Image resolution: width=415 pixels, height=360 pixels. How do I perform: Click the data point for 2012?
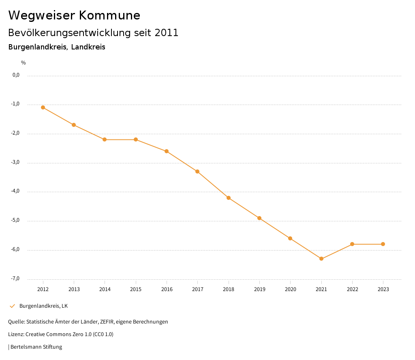43,107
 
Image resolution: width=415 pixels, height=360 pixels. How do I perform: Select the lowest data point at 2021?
321,259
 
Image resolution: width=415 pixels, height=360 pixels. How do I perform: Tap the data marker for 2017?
197,171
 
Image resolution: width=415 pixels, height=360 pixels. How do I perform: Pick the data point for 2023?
383,244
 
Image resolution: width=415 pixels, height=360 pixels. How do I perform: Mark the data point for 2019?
259,218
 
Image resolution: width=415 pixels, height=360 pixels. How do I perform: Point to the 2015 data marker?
136,139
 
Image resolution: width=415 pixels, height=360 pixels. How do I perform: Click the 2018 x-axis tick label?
229,289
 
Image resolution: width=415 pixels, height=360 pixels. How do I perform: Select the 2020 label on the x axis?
290,289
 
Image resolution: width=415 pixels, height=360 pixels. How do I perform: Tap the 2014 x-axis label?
105,289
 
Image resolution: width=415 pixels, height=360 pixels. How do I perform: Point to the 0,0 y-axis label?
16,75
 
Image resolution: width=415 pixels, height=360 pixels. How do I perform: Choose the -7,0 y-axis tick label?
15,279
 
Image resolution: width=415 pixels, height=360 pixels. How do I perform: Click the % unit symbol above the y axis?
23,63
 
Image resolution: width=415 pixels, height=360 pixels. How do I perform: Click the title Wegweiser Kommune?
74,15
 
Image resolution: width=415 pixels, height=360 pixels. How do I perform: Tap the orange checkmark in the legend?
12,306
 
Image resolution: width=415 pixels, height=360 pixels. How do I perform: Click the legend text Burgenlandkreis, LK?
43,306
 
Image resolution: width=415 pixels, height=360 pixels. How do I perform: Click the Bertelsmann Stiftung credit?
36,347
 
